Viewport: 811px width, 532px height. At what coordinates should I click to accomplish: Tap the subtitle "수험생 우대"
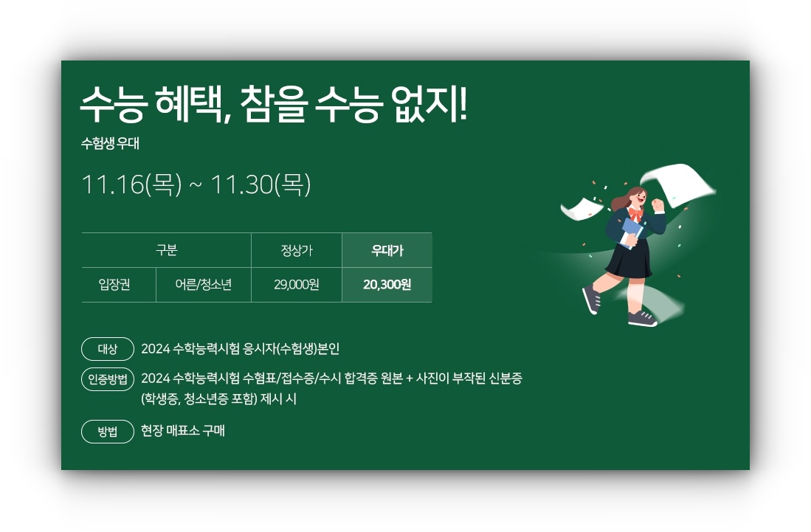click(110, 144)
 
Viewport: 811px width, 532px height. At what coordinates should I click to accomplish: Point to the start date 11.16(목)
click(131, 184)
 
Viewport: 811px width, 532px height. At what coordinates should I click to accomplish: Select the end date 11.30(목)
click(261, 184)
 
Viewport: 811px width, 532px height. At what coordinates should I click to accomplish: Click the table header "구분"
click(166, 250)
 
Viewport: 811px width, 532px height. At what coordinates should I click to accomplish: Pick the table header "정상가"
click(297, 250)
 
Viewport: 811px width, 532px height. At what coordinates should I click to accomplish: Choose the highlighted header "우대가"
click(387, 250)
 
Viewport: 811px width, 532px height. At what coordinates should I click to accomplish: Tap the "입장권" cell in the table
click(114, 285)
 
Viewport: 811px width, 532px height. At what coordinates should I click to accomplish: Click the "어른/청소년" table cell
click(204, 285)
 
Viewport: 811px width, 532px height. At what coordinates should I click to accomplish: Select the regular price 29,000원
click(297, 285)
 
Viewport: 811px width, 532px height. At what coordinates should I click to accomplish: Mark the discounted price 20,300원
click(387, 285)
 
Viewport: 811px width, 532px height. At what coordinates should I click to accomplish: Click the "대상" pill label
click(108, 348)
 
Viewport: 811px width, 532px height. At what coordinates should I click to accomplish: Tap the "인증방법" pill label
click(108, 379)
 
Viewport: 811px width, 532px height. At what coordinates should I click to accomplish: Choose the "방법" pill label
click(108, 432)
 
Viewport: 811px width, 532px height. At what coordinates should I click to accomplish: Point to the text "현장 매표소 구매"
click(183, 431)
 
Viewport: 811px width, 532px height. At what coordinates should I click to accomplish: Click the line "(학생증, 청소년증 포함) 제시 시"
click(218, 399)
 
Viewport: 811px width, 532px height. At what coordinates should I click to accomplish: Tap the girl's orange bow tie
click(635, 213)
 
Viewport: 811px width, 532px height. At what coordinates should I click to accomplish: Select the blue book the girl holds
click(632, 231)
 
